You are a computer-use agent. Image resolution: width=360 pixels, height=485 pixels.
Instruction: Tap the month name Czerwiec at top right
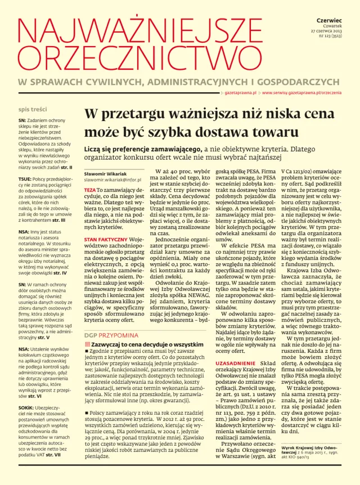coord(336,19)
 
